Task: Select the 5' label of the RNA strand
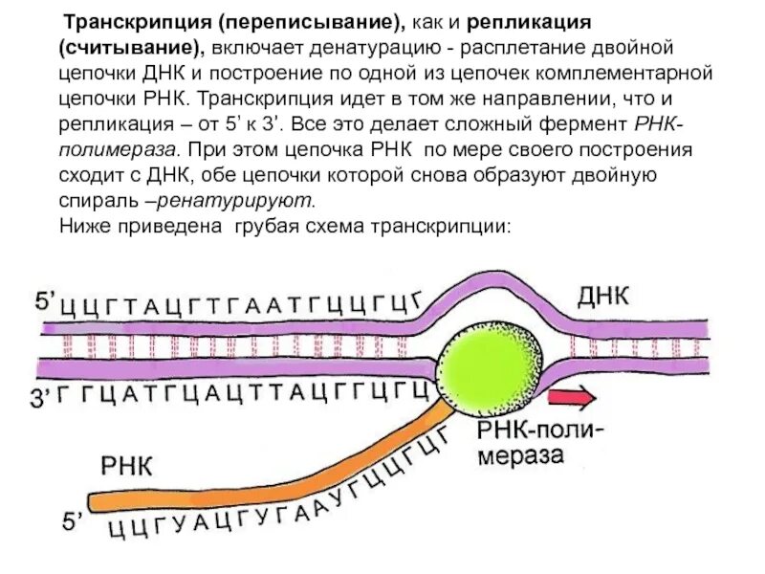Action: point(75,522)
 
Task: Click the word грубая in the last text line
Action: point(268,227)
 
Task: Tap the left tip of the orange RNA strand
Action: point(93,500)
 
